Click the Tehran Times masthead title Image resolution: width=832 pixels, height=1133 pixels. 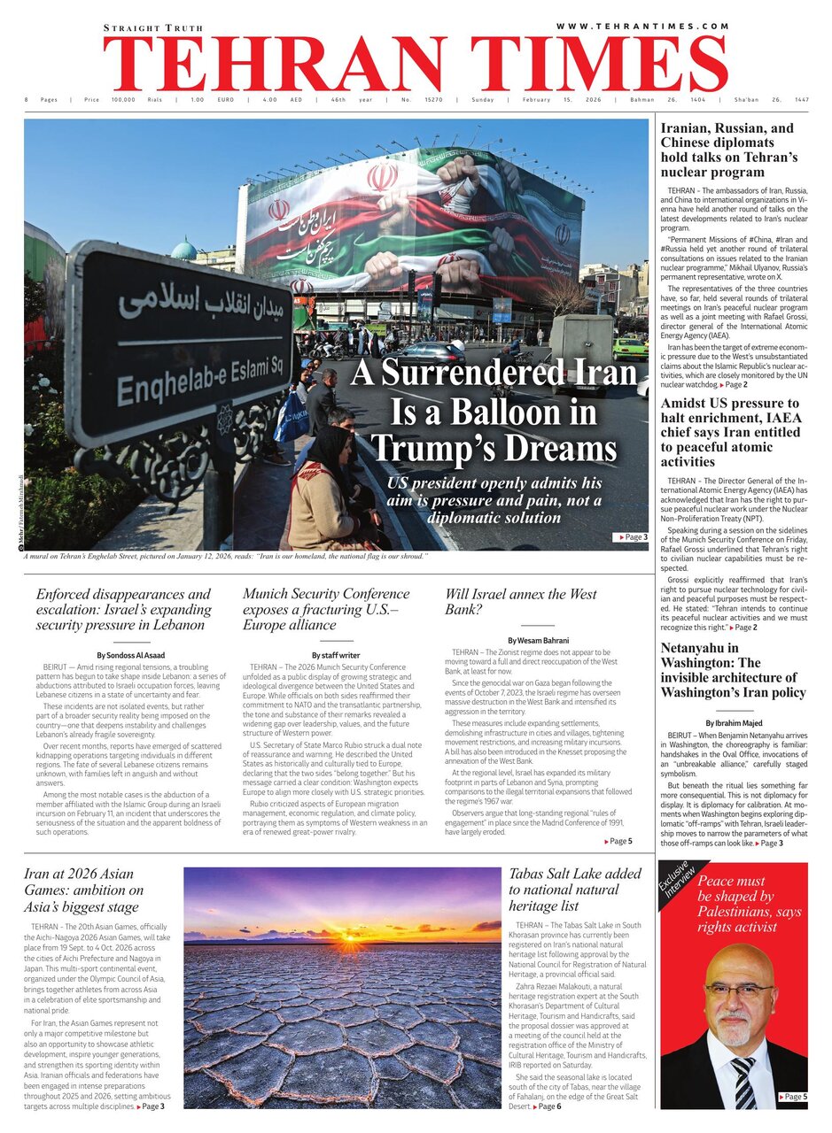coord(415,64)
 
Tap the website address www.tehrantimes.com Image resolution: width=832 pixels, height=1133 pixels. coord(642,27)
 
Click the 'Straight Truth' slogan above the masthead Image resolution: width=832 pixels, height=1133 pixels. coord(152,28)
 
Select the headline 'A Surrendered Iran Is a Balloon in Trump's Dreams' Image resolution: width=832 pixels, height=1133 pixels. coord(494,412)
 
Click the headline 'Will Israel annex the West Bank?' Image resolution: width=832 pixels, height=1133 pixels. coord(521,602)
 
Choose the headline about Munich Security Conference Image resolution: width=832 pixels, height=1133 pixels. coord(326,609)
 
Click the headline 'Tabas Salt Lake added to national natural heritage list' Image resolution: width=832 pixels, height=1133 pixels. coord(574,890)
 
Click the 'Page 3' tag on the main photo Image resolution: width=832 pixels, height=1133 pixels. coord(630,537)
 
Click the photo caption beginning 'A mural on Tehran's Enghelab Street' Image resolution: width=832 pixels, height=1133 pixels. coord(226,556)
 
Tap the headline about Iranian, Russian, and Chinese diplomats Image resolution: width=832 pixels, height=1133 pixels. coord(728,150)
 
